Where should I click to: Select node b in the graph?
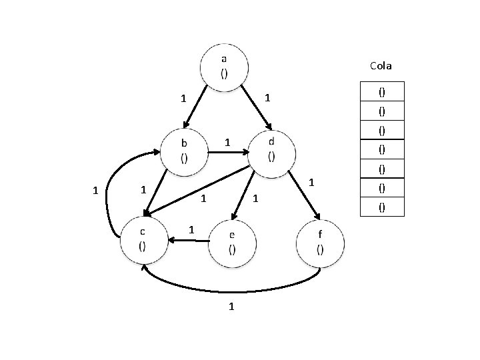[184, 151]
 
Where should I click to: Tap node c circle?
[143, 238]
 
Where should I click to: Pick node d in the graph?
[271, 151]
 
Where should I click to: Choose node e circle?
[231, 243]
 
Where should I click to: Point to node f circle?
[321, 243]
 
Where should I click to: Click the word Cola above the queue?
[381, 66]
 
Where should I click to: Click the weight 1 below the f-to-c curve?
[231, 307]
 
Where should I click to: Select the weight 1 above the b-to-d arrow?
[227, 142]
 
